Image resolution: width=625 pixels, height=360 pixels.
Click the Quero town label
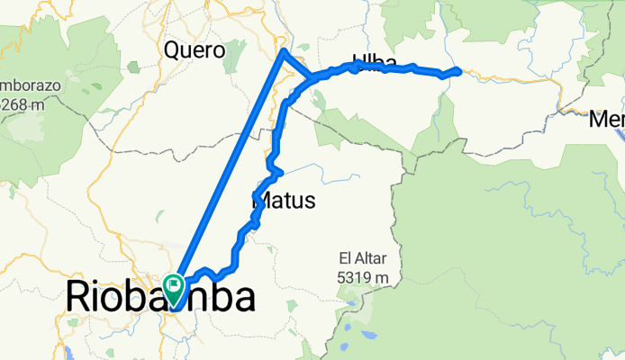click(194, 50)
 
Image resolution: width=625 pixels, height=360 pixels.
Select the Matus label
click(282, 201)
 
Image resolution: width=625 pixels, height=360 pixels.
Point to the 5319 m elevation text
click(364, 278)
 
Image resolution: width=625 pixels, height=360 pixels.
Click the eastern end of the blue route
click(458, 70)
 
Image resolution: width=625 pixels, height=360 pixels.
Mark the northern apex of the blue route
click(285, 52)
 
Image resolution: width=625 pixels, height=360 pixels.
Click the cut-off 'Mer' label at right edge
click(608, 118)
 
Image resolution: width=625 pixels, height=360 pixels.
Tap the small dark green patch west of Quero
click(133, 67)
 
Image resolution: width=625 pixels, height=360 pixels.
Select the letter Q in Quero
click(172, 50)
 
